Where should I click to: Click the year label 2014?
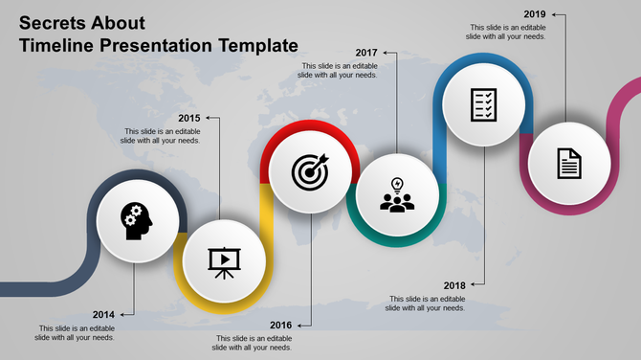[x=104, y=314]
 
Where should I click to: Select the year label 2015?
[x=188, y=119]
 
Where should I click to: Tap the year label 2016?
[x=280, y=326]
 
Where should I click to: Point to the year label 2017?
[x=366, y=52]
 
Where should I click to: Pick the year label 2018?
[x=453, y=285]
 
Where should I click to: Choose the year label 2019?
[x=536, y=14]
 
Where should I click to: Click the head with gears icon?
[x=137, y=219]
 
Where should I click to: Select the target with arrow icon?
[x=311, y=171]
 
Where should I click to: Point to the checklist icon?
[x=484, y=103]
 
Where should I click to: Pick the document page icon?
[x=569, y=163]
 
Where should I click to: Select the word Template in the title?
[x=253, y=45]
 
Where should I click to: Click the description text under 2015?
[x=162, y=136]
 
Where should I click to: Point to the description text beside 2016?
[x=254, y=343]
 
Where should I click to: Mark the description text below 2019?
[x=507, y=33]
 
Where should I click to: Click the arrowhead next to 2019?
[x=557, y=14]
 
